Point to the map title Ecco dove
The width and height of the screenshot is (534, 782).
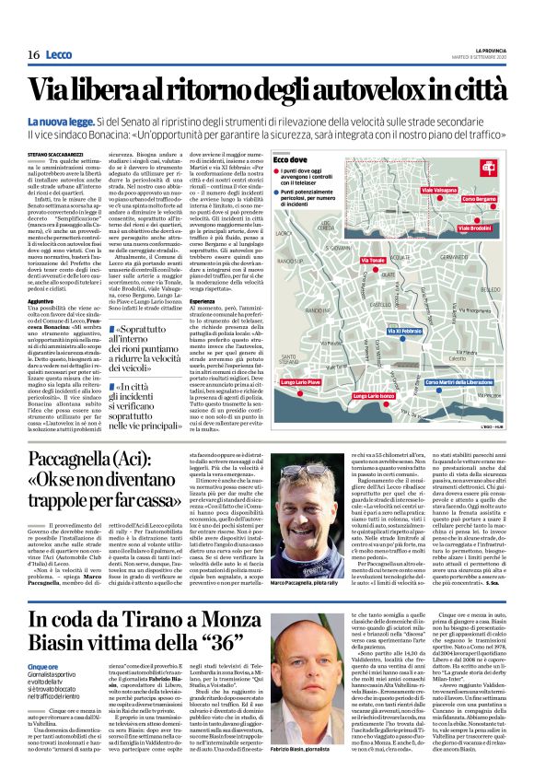[317, 160]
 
